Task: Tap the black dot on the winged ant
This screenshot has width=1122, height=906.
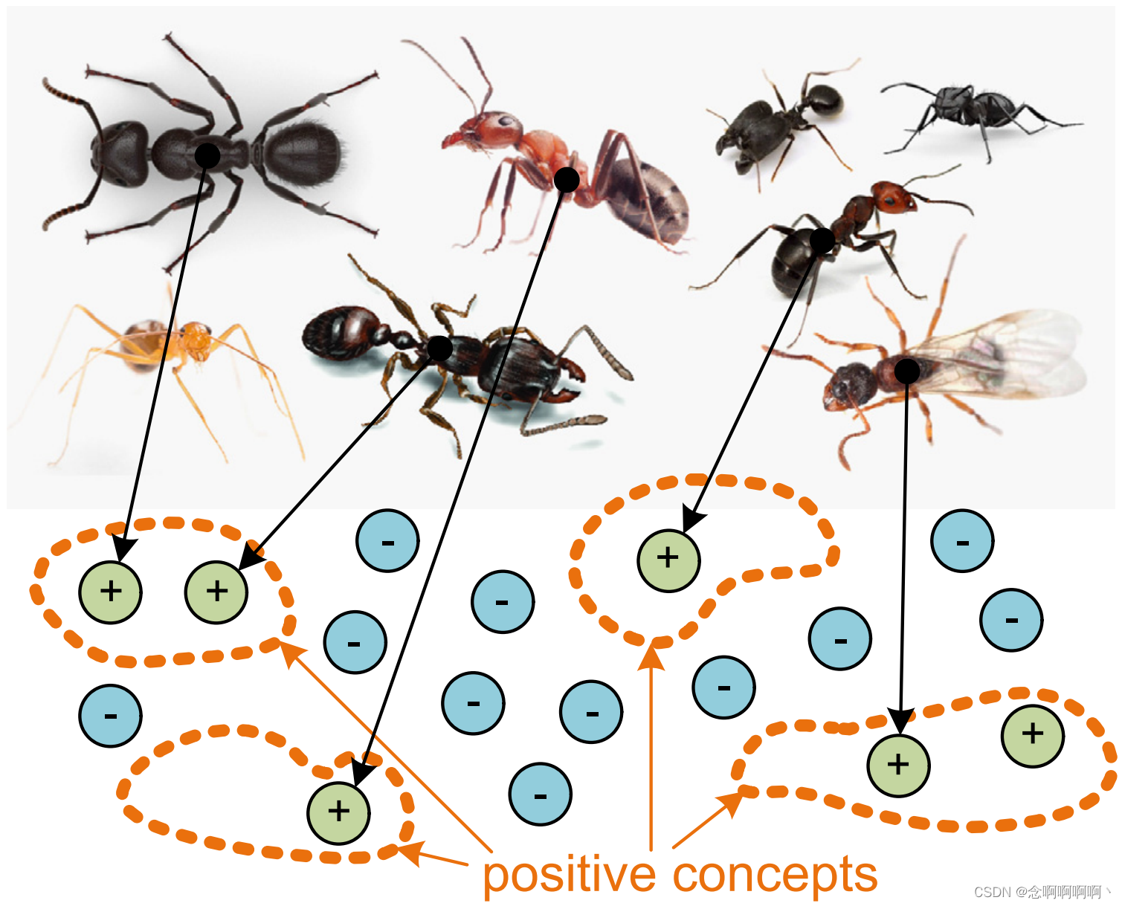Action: coord(906,370)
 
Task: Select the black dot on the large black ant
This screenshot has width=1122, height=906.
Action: coord(207,155)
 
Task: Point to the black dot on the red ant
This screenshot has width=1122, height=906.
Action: coord(567,179)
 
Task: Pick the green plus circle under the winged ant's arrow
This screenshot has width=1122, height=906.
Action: coord(898,765)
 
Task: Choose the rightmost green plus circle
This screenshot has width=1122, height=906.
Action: coord(1033,734)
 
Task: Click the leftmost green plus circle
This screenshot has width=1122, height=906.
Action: coord(110,592)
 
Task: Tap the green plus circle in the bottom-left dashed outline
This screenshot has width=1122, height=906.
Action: coord(338,812)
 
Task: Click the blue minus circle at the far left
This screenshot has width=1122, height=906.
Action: coord(110,716)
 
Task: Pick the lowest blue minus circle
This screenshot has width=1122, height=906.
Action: coord(541,795)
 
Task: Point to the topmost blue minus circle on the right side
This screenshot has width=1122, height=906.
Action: coord(962,541)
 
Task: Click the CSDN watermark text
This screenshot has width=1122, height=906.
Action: coord(1041,892)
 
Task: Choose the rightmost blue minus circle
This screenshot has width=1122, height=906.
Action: coord(1011,620)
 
